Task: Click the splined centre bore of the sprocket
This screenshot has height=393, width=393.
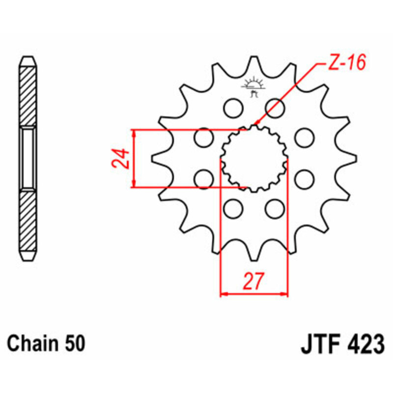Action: click(253, 158)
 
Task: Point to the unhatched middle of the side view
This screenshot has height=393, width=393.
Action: click(28, 158)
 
